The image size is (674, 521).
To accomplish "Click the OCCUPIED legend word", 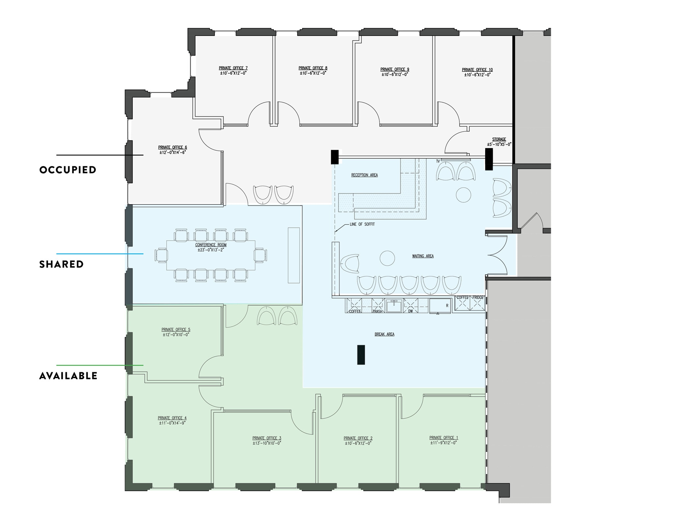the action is pos(68,170).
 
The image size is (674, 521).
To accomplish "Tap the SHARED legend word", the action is pos(62,264).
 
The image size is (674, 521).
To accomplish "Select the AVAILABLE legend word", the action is pos(68,376).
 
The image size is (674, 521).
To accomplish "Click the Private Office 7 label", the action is pos(233,68).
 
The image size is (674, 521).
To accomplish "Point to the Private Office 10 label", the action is pos(477,70).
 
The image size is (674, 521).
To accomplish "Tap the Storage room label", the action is pos(499,139).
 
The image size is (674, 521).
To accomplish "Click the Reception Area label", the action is pos(364,175).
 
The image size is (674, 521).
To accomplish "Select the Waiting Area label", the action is pos(423,256).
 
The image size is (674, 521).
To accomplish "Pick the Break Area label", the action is pos(384,334).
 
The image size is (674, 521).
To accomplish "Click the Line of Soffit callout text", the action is pos(362,224).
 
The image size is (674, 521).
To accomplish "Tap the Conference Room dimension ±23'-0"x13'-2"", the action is pos(211,250).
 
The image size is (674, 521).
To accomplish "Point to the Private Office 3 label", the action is pos(267,438).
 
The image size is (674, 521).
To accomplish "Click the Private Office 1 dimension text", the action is pos(444,443).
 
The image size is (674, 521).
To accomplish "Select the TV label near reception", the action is pos(438,161).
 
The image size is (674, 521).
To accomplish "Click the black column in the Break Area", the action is pos(361,354).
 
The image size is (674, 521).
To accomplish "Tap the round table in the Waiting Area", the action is pos(387,258).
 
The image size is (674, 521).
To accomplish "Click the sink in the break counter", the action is pos(394,306).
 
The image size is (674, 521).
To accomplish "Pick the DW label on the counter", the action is pos(410,311).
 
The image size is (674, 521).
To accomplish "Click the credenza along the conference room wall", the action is pos(294,255).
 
